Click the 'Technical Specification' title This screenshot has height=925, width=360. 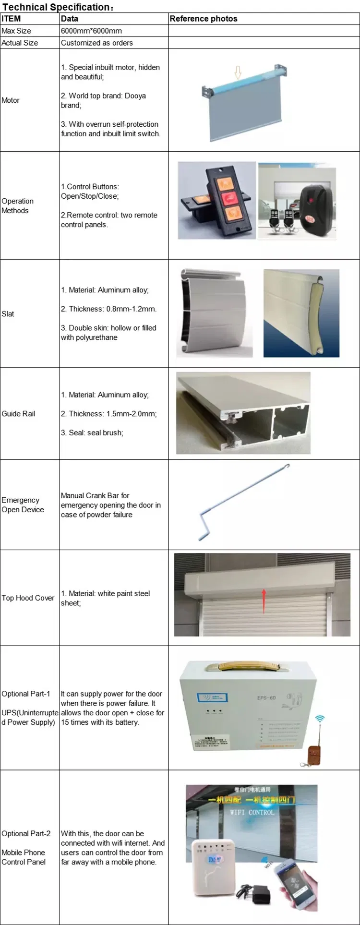(57, 7)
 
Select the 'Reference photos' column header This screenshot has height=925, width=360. (204, 19)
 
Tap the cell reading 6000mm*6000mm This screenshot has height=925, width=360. (91, 31)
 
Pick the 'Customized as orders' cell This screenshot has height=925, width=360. (97, 43)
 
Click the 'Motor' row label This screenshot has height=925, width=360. (11, 100)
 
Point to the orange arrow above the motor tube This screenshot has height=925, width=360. (238, 73)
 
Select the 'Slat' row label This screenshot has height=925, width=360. (8, 313)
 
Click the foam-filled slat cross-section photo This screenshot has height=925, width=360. (301, 313)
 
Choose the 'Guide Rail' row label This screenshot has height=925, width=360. (18, 413)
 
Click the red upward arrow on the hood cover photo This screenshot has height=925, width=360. (264, 600)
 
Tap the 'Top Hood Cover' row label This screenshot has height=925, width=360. (28, 598)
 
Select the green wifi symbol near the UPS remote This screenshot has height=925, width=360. (320, 719)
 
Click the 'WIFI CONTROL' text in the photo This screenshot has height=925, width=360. (252, 812)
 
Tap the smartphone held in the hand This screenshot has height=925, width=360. (294, 881)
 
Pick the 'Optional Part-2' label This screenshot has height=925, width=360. (26, 833)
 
